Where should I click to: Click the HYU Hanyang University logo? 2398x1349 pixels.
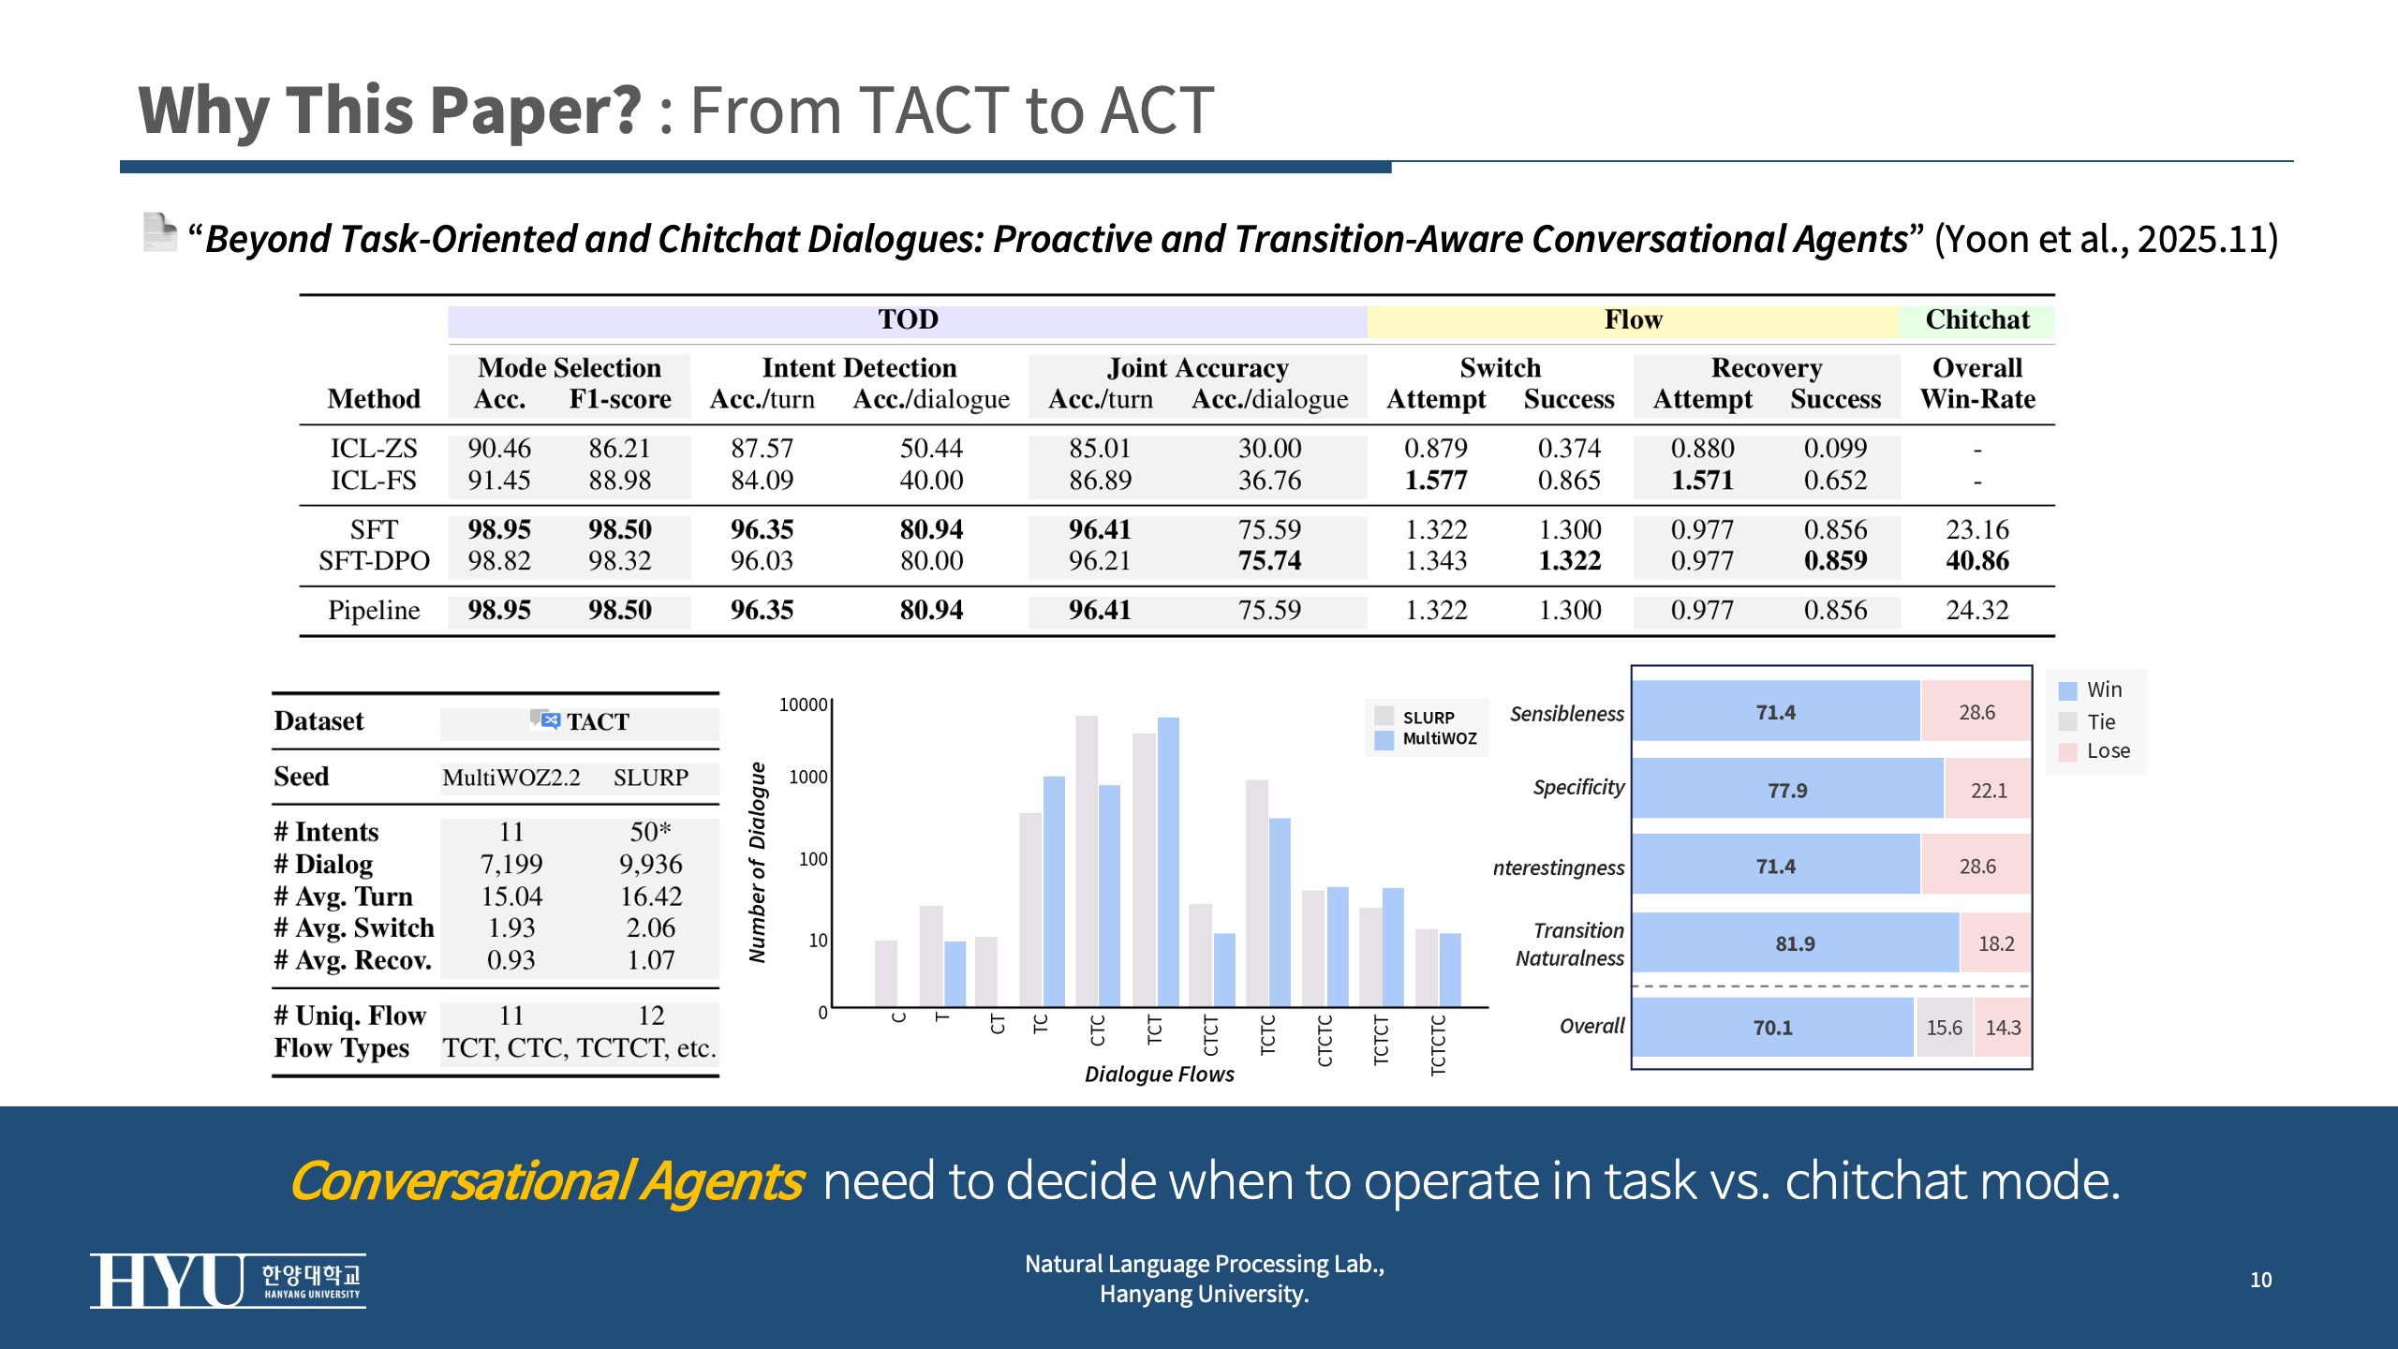click(x=228, y=1280)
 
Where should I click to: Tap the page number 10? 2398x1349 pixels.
click(x=2260, y=1280)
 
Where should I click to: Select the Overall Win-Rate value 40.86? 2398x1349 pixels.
click(x=1976, y=560)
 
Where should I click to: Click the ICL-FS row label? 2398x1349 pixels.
click(x=373, y=480)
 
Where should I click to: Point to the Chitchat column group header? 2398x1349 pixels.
click(x=1976, y=319)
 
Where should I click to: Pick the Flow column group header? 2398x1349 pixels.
click(x=1633, y=319)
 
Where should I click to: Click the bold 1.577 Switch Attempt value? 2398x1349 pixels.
click(x=1435, y=480)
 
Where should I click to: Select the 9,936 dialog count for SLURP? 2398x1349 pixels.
click(x=650, y=864)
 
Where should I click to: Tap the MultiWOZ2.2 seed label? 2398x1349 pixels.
click(x=511, y=778)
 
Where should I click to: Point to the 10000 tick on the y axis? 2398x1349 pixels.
click(x=803, y=704)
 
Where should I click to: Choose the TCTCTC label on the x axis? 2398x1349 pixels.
click(x=1438, y=1044)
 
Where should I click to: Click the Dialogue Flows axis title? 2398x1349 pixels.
click(x=1159, y=1074)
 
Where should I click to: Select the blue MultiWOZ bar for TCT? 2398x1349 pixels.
click(x=1168, y=862)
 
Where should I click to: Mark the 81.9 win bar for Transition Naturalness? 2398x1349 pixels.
click(x=1795, y=943)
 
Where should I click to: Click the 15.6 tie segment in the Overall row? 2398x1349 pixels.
click(x=1944, y=1027)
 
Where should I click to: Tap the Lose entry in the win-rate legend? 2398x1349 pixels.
click(x=2107, y=750)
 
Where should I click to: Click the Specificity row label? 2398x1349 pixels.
click(x=1578, y=787)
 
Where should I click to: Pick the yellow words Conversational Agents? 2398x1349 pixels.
click(x=546, y=1180)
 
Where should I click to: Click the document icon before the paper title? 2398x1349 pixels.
click(x=159, y=232)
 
